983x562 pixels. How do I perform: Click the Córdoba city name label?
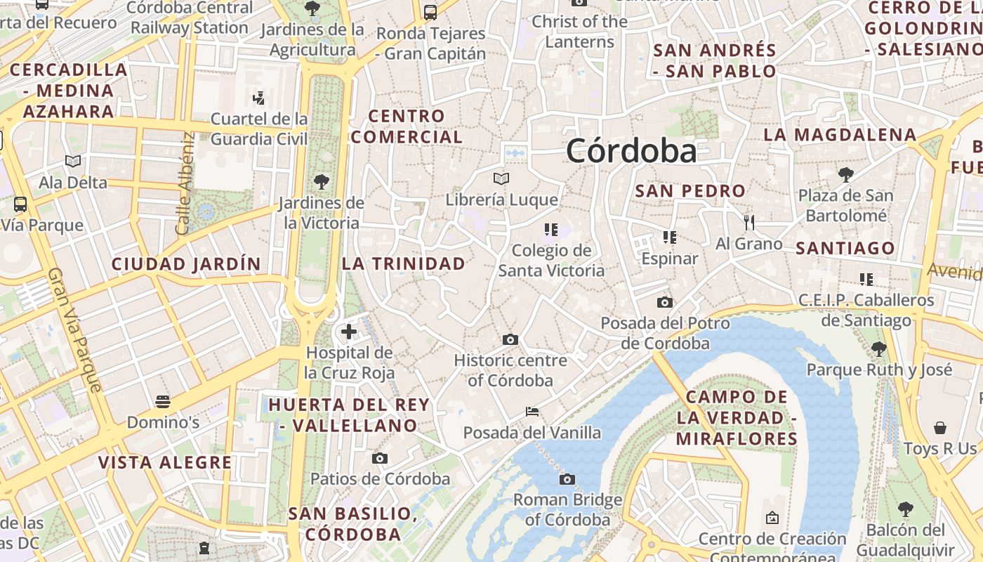631,151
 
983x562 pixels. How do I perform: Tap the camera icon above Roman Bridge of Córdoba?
567,480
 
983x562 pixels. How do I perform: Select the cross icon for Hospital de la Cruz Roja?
349,332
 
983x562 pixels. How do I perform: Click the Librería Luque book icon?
501,179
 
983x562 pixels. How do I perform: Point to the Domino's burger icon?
163,402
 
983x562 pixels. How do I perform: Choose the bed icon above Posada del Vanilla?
532,411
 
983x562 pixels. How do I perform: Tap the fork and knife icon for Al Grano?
749,223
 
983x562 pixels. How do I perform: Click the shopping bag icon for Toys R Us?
940,428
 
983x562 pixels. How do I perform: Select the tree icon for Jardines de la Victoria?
322,182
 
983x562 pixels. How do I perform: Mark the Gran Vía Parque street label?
75,329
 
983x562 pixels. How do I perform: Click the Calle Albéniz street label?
185,183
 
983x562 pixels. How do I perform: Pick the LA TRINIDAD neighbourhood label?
404,264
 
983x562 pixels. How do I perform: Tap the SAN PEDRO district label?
690,191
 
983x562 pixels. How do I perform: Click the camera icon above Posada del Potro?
664,303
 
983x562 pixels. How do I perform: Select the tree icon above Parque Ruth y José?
878,348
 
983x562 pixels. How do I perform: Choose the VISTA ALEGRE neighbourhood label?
165,462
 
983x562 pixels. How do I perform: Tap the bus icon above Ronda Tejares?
430,12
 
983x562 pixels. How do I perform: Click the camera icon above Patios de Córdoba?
380,459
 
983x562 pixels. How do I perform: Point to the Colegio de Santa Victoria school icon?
550,230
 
